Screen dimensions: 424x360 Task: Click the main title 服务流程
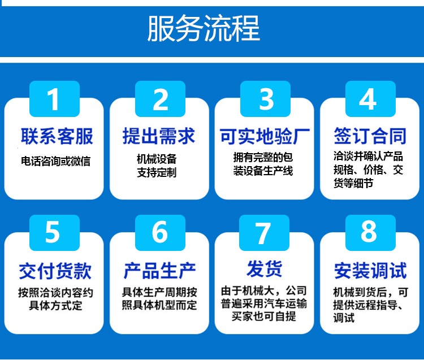coord(204,28)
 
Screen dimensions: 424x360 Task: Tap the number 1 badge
coord(54,99)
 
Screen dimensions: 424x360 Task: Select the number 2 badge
coord(160,99)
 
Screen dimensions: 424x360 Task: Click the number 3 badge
coord(265,99)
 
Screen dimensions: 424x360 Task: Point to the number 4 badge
coord(370,99)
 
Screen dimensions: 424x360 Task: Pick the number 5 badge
coord(54,233)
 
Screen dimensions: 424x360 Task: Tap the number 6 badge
coord(160,233)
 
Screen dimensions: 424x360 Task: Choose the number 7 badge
coord(264,233)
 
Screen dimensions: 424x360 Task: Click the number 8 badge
coord(370,233)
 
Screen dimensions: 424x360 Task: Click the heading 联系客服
coord(57,136)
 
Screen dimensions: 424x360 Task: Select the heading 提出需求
coord(159,136)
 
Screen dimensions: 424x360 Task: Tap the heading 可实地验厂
coord(265,136)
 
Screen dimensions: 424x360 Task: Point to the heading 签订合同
coord(370,136)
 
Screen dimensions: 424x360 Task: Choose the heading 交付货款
coord(55,271)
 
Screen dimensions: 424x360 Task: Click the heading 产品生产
coord(159,271)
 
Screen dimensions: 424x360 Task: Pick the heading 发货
coord(264,268)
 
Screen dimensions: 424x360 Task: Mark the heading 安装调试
coord(370,271)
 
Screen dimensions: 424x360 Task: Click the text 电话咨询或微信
coord(56,161)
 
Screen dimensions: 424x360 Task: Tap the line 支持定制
coord(157,172)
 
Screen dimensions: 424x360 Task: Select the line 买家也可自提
coord(263,316)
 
